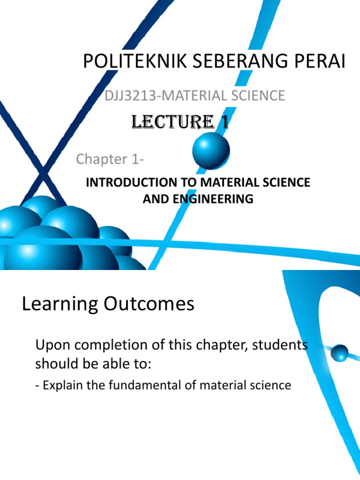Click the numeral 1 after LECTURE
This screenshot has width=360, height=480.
pyautogui.click(x=225, y=123)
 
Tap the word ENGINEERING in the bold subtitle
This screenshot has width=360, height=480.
pyautogui.click(x=217, y=199)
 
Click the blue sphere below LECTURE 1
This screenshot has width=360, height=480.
pyautogui.click(x=211, y=150)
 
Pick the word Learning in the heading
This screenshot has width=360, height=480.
pyautogui.click(x=56, y=305)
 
